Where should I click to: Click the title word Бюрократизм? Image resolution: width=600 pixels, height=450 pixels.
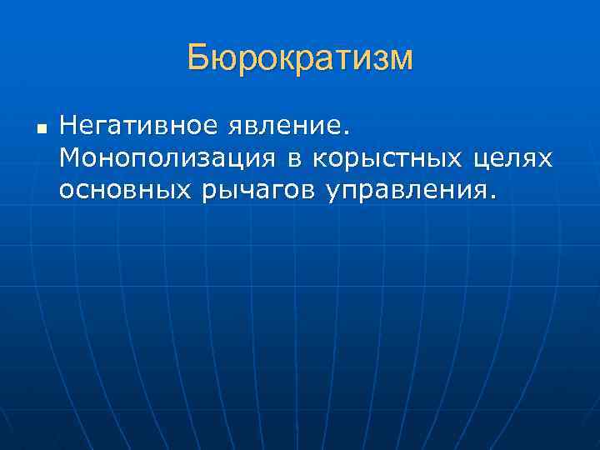300,58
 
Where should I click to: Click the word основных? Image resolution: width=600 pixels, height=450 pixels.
125,192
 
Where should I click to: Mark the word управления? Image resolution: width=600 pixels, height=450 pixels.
407,192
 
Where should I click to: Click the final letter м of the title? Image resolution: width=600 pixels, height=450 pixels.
401,61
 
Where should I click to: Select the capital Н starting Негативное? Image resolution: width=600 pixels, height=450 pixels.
67,127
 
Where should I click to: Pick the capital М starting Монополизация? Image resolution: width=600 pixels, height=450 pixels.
70,158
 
